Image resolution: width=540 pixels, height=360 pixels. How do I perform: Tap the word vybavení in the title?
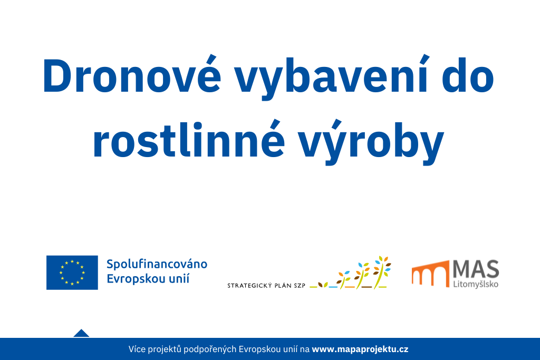click(331, 77)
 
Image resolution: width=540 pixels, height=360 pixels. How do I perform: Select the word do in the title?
click(468, 76)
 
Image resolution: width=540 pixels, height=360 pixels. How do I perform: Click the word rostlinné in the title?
click(189, 139)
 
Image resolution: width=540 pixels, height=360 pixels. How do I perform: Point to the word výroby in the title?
click(371, 142)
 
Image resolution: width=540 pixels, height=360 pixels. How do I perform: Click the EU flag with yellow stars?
click(72, 273)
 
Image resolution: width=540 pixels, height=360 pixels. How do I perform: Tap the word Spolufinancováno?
click(157, 265)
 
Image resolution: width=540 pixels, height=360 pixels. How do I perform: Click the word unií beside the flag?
click(179, 278)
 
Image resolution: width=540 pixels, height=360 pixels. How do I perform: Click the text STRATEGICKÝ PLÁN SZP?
click(266, 285)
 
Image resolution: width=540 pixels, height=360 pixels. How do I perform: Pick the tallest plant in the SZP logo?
click(382, 272)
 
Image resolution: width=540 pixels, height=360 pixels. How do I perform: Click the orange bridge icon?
click(430, 274)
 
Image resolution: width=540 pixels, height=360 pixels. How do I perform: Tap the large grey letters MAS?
click(476, 269)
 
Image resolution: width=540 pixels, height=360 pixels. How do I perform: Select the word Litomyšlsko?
click(476, 284)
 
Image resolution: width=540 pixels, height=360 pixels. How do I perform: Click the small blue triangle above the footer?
click(81, 334)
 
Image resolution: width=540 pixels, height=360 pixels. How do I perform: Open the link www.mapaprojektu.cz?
click(360, 349)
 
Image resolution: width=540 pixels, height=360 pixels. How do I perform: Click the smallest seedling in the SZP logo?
click(323, 285)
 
